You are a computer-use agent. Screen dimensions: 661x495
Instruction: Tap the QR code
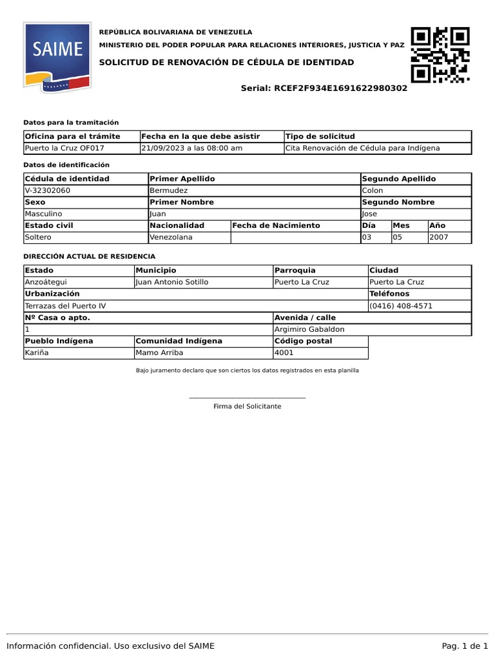point(440,55)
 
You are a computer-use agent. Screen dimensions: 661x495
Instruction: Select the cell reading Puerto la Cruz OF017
point(64,148)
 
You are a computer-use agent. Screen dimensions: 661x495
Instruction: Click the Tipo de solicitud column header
point(320,136)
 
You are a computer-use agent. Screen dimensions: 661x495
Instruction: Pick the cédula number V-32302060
point(48,190)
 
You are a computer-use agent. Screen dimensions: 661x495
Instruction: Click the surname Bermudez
point(168,190)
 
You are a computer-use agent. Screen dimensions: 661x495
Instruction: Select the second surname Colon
point(373,190)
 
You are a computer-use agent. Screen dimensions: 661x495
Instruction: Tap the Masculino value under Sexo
point(43,214)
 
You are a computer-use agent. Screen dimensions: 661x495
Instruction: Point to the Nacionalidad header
point(177,225)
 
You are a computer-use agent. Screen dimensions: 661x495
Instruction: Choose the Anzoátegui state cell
point(46,282)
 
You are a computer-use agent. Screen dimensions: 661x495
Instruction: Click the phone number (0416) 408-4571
point(401,305)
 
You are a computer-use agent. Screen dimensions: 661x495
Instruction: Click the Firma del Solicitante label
point(247,406)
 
